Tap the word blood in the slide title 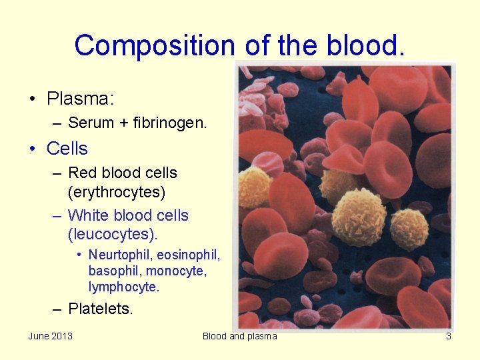click(x=365, y=45)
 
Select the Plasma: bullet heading click(x=81, y=99)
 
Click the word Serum click(x=91, y=123)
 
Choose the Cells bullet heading click(x=67, y=148)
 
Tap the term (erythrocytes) click(x=116, y=192)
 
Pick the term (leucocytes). click(x=113, y=235)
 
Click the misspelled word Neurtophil click(x=120, y=255)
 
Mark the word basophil click(x=115, y=271)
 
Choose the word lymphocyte click(x=124, y=287)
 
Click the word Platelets click(x=101, y=309)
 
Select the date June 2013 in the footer click(x=50, y=336)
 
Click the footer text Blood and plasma click(x=239, y=336)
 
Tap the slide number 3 click(x=448, y=336)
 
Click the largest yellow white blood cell click(x=359, y=217)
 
